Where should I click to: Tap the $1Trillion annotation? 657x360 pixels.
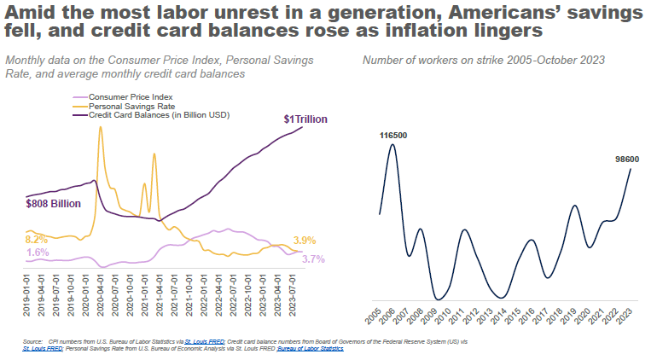tap(305, 119)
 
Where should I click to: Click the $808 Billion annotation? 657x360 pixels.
tap(54, 204)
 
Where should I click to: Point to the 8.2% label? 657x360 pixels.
tap(37, 240)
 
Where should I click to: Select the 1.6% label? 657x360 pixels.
tap(37, 253)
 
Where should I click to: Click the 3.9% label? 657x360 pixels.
tap(305, 240)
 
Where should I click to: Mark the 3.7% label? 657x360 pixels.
tap(315, 258)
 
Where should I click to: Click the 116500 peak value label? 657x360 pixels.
tap(392, 135)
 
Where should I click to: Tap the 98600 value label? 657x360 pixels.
tap(630, 159)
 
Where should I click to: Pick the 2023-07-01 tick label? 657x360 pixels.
tap(294, 293)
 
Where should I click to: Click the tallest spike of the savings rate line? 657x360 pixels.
tap(101, 127)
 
